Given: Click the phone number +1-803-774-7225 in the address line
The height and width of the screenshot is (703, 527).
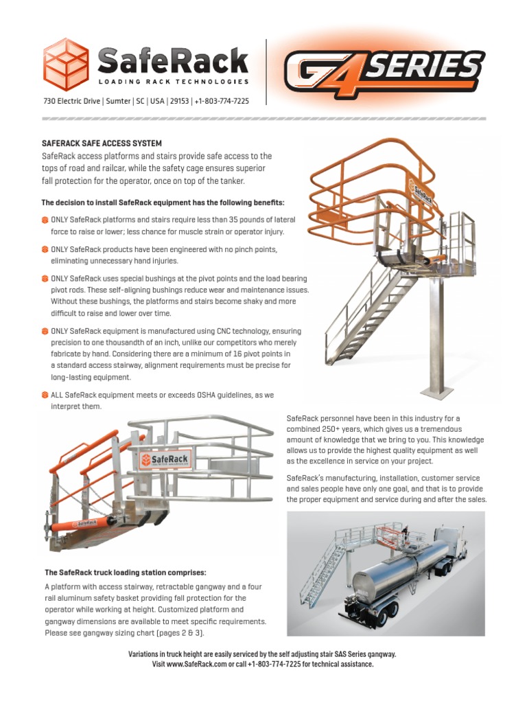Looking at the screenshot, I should (x=222, y=101).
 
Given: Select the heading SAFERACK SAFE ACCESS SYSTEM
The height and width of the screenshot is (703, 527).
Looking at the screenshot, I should (x=102, y=143).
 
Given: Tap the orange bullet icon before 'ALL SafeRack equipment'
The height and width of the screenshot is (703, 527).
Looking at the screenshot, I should (x=45, y=395).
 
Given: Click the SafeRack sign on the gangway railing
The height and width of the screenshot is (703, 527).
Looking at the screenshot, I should (x=166, y=459).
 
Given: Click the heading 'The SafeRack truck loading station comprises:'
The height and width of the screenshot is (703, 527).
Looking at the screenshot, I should (x=125, y=572).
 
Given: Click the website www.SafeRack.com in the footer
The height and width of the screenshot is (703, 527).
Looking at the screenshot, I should (x=200, y=664).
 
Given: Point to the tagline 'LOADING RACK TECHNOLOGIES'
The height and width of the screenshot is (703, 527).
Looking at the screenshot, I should (x=173, y=81).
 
